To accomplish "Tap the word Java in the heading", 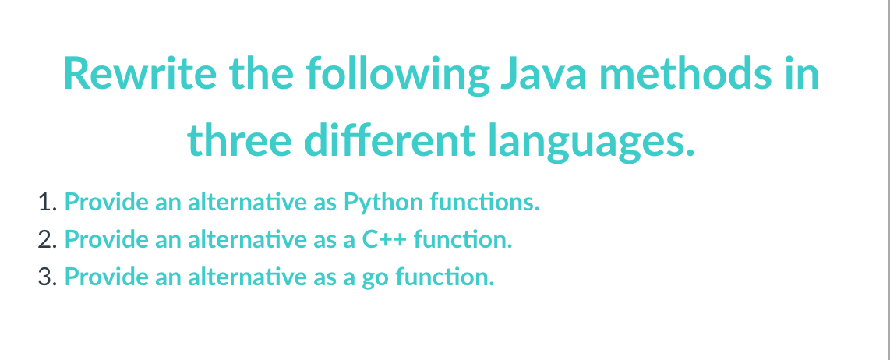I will [x=544, y=74].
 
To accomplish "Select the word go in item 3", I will [x=378, y=277].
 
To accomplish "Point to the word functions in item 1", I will [x=485, y=203].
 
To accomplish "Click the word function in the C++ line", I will [x=463, y=239].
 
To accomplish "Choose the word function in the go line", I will [x=445, y=277].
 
